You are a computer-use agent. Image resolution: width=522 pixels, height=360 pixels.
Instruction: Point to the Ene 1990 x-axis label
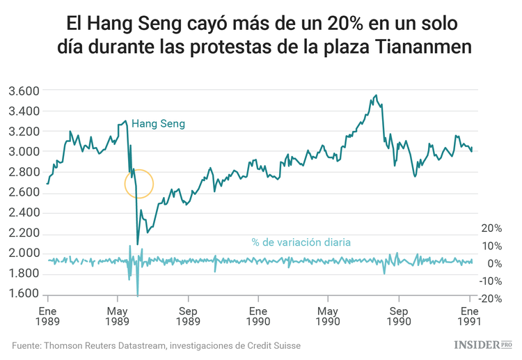(x=258, y=316)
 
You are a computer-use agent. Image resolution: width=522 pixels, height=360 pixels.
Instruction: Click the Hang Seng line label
(x=158, y=124)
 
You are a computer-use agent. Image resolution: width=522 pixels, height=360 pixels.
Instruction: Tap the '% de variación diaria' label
(x=301, y=242)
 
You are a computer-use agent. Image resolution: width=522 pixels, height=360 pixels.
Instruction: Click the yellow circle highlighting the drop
(x=139, y=184)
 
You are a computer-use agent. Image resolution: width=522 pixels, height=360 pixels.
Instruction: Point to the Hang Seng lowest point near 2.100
(x=138, y=244)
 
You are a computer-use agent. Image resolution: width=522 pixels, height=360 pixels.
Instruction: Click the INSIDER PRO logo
(x=482, y=345)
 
